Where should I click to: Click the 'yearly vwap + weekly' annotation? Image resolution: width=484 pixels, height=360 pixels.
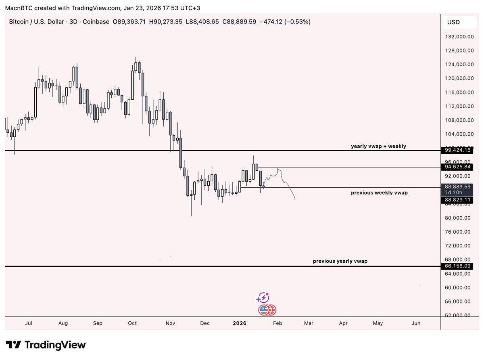click(x=378, y=146)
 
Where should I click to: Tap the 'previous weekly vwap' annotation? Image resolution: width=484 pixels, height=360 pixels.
click(x=379, y=193)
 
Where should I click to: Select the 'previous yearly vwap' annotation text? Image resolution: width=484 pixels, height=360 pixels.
click(x=340, y=261)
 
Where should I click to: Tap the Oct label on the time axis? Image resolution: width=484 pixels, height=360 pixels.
click(x=132, y=323)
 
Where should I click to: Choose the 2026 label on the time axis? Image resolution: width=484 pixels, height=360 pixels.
click(x=239, y=323)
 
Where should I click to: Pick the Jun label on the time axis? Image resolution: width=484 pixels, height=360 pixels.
click(x=416, y=323)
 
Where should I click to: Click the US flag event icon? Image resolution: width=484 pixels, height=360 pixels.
click(x=265, y=310)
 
